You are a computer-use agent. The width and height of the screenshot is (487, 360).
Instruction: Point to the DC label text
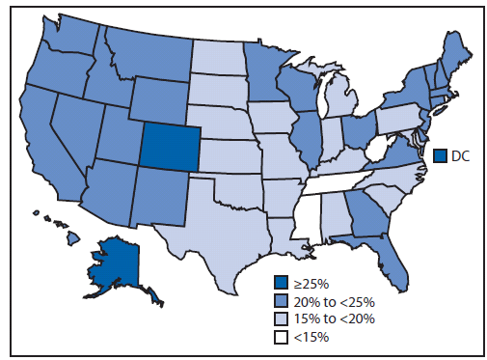[x=460, y=156]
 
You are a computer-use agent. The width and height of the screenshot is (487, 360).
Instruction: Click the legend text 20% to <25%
[x=328, y=300]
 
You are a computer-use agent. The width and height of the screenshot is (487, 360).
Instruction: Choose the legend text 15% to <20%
[x=328, y=318]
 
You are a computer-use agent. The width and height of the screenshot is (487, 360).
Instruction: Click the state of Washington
[x=72, y=39]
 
